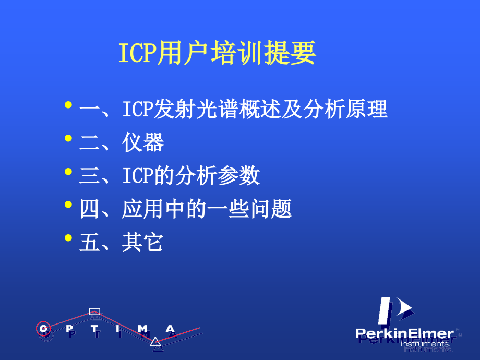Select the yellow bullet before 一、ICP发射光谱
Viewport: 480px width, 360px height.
(x=68, y=106)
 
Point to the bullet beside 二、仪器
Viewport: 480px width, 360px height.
(x=68, y=138)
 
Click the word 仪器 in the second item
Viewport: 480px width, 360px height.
(x=143, y=142)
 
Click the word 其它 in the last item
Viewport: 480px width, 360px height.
(x=143, y=243)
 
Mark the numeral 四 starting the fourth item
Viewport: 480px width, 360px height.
(x=90, y=209)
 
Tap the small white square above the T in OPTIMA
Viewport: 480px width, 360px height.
(x=94, y=312)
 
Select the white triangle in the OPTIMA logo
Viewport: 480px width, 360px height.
(x=155, y=342)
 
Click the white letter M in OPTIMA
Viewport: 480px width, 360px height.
(x=142, y=328)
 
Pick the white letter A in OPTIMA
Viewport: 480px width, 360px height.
(x=170, y=328)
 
